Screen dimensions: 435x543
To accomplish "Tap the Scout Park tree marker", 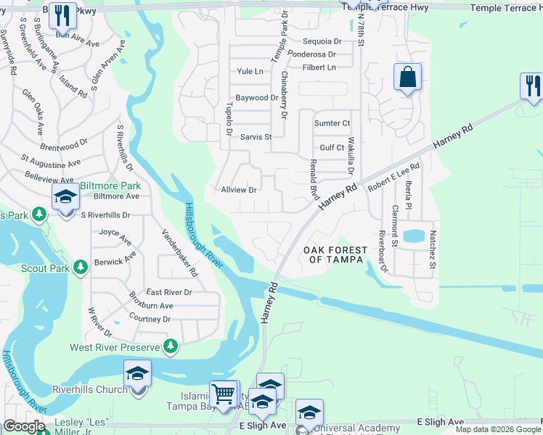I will point(80,269).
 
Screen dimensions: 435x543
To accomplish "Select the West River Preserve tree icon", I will point(171,347).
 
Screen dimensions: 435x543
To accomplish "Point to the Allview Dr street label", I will point(239,190).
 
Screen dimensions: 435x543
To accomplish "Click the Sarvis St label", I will point(256,136).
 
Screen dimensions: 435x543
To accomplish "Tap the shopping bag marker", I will point(408,76).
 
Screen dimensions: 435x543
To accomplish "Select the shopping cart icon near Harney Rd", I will point(224,394).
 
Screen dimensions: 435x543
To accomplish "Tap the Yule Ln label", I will point(250,71).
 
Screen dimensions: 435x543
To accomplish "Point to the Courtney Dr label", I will point(150,318).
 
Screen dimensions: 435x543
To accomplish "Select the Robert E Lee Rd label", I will point(394,176).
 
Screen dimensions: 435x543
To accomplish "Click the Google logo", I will point(24,426).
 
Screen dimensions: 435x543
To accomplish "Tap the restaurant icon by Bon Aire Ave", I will point(63,14).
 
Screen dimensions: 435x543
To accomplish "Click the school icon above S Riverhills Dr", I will point(65,197).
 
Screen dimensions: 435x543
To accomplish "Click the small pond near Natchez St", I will point(412,236).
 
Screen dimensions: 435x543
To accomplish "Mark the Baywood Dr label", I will point(257,97).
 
